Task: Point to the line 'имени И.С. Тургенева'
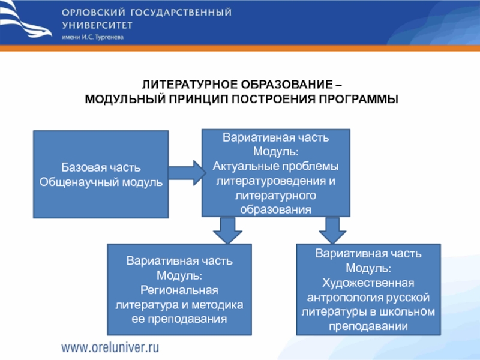click(92, 37)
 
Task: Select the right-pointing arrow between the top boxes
click(187, 172)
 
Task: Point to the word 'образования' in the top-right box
click(275, 209)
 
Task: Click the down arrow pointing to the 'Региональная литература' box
click(227, 229)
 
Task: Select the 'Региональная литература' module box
click(179, 289)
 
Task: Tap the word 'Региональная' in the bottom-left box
click(179, 290)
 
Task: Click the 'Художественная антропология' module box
click(369, 289)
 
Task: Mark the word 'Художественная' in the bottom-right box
click(369, 282)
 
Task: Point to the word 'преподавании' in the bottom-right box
click(369, 326)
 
